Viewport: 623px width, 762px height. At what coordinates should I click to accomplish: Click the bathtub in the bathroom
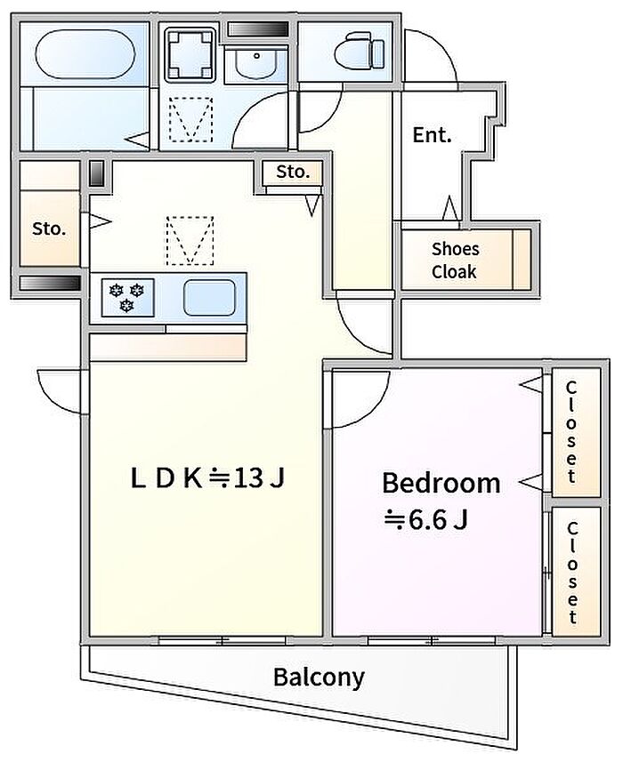tap(85, 53)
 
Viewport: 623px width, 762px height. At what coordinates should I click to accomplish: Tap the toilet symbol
tap(360, 50)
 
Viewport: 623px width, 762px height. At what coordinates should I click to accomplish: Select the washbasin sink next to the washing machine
tap(256, 62)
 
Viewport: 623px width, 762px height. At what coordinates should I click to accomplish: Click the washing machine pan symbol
tap(190, 54)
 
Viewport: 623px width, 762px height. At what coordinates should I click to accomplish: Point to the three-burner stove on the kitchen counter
tap(127, 297)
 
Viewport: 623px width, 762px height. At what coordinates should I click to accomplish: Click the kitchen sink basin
tap(209, 297)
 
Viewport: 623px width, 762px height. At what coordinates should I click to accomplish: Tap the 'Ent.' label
tap(432, 135)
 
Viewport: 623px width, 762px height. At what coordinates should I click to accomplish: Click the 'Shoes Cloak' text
tap(455, 261)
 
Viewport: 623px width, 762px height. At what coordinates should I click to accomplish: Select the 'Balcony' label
tap(319, 677)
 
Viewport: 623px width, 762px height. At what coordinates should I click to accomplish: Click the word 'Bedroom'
tap(441, 483)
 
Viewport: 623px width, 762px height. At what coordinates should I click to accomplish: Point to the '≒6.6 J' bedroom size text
tap(426, 520)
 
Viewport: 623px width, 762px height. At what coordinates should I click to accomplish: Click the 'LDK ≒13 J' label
tap(207, 478)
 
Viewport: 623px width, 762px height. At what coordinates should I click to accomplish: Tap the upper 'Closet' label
tap(571, 432)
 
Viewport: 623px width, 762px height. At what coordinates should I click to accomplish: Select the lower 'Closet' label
tap(572, 572)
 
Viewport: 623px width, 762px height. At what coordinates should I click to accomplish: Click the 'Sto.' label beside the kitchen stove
tap(49, 229)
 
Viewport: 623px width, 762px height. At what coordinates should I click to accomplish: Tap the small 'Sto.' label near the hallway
tap(293, 172)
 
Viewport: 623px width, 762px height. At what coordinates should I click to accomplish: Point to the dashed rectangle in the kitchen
tap(190, 241)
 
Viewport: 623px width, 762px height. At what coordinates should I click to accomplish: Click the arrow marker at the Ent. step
tap(450, 208)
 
